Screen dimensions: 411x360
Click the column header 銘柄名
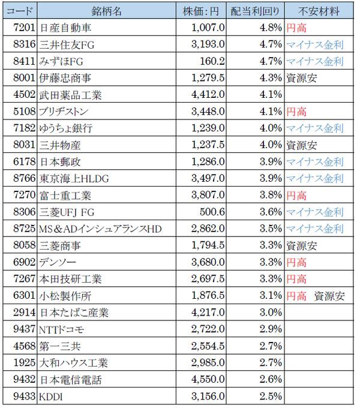(108, 11)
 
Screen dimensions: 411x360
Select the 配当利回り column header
(254, 11)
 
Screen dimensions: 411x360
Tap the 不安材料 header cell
(315, 11)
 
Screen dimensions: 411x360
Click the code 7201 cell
(22, 27)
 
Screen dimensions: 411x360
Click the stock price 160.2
(212, 61)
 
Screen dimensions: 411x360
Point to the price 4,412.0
(208, 94)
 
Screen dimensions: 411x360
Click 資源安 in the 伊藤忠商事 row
(298, 77)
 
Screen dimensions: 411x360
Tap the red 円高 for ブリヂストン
(296, 111)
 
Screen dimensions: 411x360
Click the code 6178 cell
(22, 161)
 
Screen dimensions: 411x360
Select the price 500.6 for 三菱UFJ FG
(212, 212)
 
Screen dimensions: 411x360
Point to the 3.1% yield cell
(269, 296)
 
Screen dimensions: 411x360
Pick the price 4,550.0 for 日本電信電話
(208, 380)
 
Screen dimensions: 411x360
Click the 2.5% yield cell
(269, 397)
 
